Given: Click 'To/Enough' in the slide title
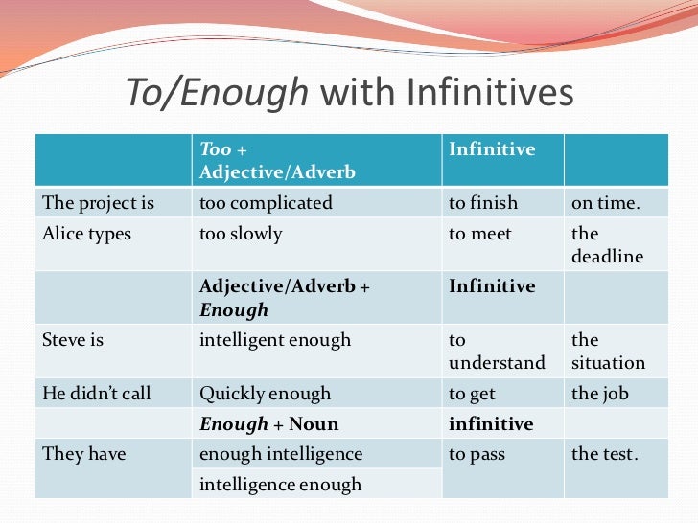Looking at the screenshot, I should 219,93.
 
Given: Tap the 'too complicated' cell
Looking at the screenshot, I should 266,203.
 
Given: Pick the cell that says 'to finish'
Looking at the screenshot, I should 483,203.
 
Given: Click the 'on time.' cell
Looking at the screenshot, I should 607,203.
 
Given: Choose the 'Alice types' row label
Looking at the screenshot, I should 87,234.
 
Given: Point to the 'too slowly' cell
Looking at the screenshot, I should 241,234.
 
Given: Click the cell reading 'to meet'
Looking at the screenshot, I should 480,234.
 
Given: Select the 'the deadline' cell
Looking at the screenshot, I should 607,245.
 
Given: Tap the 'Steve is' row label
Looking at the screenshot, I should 73,340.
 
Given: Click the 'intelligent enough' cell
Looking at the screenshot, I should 275,340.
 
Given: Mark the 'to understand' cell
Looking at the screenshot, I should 497,352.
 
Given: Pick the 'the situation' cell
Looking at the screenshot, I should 609,352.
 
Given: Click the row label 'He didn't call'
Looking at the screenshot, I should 97,394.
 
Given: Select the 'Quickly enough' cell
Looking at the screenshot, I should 265,394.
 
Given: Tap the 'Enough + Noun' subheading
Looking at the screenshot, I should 268,423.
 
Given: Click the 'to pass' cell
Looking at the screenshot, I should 477,454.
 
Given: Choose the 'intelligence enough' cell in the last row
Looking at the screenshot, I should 280,485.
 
